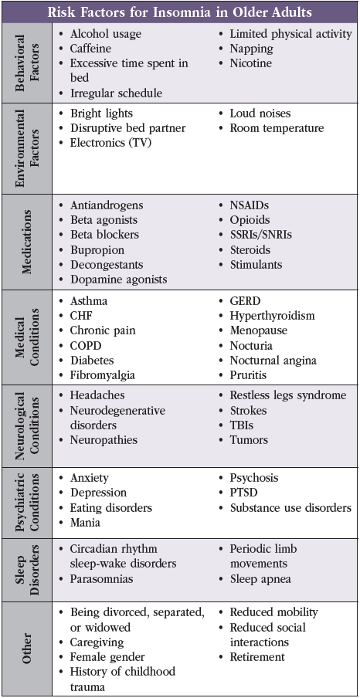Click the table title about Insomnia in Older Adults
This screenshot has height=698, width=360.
[179, 12]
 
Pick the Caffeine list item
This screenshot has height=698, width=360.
[91, 48]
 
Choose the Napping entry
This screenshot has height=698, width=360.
[252, 48]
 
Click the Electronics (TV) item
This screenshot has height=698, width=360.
[108, 143]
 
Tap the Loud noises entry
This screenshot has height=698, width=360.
[260, 114]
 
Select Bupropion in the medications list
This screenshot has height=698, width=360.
[97, 250]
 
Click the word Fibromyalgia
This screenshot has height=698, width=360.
[103, 374]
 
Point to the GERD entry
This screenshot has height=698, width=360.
[245, 301]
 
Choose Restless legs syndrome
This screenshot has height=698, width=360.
[288, 395]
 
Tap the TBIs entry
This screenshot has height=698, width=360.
[242, 425]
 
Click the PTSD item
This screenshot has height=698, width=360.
[243, 493]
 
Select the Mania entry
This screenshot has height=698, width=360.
[85, 522]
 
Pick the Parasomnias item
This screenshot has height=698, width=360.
[101, 578]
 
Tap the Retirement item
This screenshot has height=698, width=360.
[257, 656]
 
